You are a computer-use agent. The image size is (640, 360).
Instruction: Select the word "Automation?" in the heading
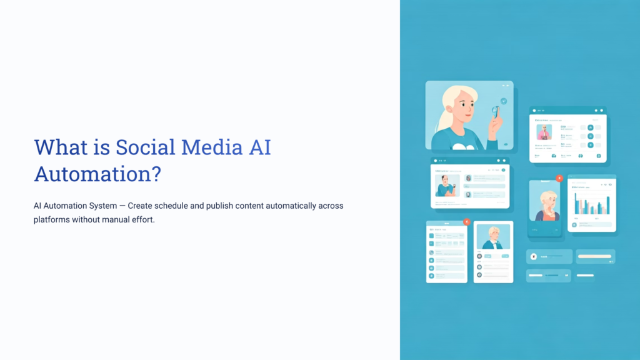[x=97, y=174]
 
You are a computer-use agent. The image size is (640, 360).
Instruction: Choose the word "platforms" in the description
[x=51, y=219]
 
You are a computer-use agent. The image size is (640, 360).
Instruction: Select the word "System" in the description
[x=97, y=206]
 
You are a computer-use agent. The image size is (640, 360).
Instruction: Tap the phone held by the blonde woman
[x=495, y=112]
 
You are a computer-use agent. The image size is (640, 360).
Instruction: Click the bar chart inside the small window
[x=591, y=204]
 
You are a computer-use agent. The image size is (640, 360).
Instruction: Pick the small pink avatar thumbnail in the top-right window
[x=544, y=132]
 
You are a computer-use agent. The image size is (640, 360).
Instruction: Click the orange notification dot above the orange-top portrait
[x=559, y=179]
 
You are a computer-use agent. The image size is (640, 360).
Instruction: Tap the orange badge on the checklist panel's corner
[x=467, y=222]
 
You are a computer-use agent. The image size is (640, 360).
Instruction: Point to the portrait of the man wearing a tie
[x=493, y=237]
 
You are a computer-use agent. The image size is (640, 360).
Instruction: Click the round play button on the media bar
[x=534, y=256]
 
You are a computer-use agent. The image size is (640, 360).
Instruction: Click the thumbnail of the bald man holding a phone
[x=447, y=186]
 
